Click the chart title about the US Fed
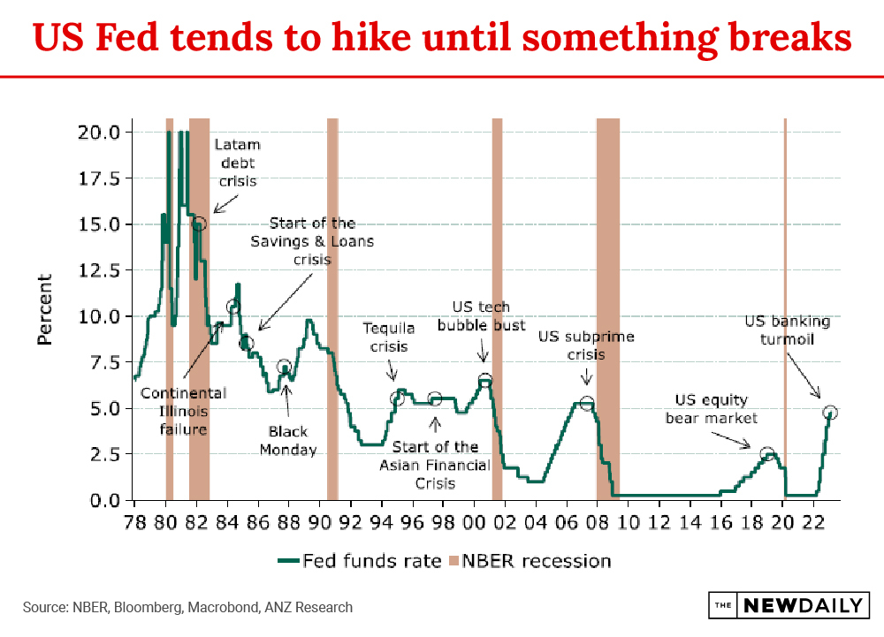442,38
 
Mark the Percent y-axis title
45,308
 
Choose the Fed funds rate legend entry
360,560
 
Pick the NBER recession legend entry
530,560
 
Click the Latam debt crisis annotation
238,163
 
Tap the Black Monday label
289,441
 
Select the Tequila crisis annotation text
389,337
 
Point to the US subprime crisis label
586,345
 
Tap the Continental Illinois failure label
183,411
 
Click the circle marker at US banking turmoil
829,413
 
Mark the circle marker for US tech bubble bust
484,382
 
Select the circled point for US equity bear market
767,454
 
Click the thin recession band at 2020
785,309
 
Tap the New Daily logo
789,606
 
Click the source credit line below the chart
187,607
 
